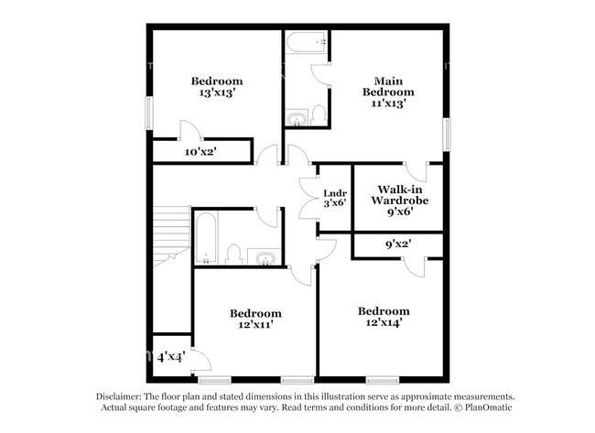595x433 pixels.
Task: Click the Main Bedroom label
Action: pos(388,87)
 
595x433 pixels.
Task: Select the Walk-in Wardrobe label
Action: pos(400,195)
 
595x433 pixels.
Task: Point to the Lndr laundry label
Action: pos(335,193)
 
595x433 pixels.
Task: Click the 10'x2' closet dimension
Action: pos(200,152)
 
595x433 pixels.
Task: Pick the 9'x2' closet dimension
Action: pos(398,244)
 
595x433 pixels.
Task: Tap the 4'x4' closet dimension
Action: pos(171,357)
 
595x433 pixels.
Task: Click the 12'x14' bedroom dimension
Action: pos(384,322)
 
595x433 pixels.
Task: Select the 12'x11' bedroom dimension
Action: pos(255,325)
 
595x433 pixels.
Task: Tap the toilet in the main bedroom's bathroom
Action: pos(319,115)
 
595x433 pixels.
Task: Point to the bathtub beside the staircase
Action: pos(206,238)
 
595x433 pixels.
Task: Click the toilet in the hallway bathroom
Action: pos(233,254)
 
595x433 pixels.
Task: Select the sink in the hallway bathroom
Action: pos(265,259)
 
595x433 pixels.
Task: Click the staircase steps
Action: pos(171,235)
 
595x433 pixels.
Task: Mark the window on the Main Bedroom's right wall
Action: pos(447,135)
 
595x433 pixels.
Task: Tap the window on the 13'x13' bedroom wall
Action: pos(149,114)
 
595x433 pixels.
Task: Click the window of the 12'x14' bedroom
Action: pos(383,380)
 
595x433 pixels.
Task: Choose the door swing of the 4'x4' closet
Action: pos(202,360)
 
